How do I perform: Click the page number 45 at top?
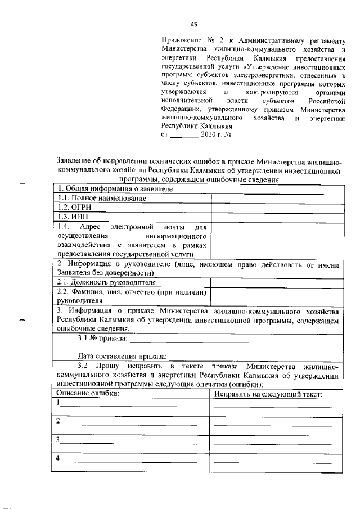[x=194, y=24]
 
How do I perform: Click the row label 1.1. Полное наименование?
[x=102, y=198]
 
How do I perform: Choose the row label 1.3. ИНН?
[x=71, y=217]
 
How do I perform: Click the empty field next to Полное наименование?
[x=276, y=198]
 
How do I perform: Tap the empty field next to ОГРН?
[x=276, y=207]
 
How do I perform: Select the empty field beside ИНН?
[x=276, y=217]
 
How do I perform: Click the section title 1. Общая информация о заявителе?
[x=112, y=189]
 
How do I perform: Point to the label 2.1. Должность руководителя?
[x=106, y=282]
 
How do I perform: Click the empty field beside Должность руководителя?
[x=276, y=282]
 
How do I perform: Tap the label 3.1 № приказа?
[x=102, y=339]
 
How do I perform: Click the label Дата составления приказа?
[x=121, y=356]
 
